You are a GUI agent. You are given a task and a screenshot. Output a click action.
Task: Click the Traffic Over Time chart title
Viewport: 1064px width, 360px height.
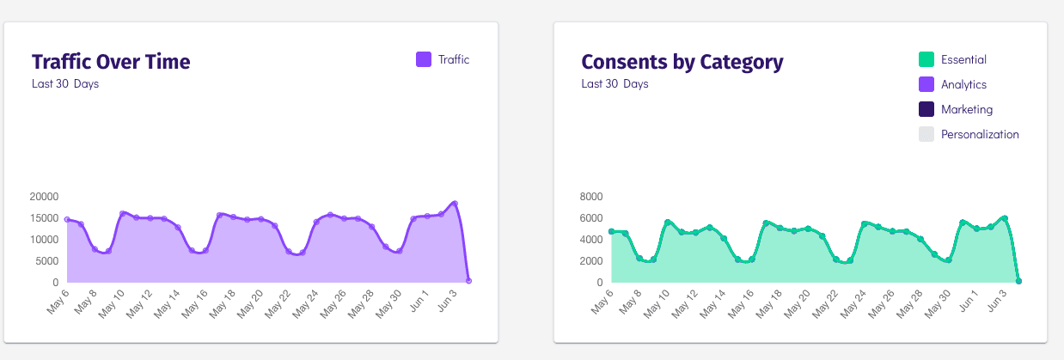(111, 62)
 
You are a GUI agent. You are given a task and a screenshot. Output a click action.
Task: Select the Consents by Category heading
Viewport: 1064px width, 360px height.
(682, 62)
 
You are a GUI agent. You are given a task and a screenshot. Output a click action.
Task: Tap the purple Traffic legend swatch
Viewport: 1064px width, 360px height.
(424, 59)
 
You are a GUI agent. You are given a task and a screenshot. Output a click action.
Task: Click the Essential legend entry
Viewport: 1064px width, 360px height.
(963, 59)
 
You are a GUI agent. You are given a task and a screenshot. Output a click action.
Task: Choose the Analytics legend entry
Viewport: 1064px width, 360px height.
(963, 84)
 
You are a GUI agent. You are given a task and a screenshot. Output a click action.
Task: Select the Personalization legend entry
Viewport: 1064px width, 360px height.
(979, 134)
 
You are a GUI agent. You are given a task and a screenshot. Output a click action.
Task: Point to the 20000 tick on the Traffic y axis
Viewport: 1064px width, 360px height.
(44, 196)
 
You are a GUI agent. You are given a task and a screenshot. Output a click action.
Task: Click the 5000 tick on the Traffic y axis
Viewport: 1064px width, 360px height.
(46, 261)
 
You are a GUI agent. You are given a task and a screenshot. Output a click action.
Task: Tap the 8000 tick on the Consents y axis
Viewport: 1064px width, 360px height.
(591, 196)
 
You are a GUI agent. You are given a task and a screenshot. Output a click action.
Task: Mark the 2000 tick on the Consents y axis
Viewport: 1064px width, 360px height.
(591, 261)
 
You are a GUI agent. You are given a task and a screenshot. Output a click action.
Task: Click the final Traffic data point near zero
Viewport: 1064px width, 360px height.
(468, 280)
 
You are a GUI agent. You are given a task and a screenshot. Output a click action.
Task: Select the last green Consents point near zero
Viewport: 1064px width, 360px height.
(1018, 281)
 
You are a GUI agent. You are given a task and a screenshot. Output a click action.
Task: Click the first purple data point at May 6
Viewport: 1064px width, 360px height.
(67, 219)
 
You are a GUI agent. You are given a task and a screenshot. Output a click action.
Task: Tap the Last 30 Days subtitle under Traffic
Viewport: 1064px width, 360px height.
(65, 83)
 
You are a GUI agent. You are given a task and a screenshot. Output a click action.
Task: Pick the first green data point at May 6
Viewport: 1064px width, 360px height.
(611, 231)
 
